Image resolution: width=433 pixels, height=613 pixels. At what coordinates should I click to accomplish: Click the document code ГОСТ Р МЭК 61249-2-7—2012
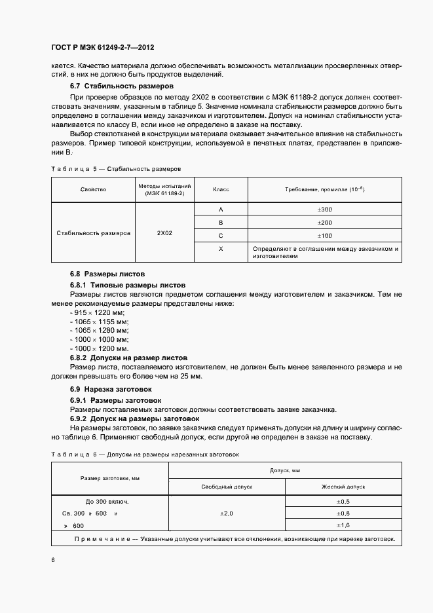tap(102, 48)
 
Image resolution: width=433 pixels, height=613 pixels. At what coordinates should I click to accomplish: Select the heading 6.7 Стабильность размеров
tap(121, 86)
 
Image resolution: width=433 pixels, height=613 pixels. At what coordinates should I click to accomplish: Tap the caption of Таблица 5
tap(115, 168)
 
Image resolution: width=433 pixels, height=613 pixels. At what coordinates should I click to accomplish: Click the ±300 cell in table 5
tap(324, 210)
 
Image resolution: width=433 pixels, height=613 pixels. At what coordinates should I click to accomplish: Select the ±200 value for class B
tap(324, 223)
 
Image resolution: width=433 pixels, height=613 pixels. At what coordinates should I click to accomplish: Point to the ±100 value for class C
tap(324, 236)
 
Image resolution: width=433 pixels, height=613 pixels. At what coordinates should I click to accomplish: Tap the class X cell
tap(220, 250)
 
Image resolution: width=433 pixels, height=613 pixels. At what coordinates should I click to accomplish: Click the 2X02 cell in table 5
tap(164, 232)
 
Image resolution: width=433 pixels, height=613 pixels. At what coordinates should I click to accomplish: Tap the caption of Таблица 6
tap(145, 453)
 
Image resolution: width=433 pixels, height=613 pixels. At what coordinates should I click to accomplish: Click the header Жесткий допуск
tap(343, 487)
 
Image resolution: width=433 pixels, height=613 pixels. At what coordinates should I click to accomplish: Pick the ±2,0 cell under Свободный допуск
tap(227, 513)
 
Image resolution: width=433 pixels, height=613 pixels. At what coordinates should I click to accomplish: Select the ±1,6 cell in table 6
tap(343, 525)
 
